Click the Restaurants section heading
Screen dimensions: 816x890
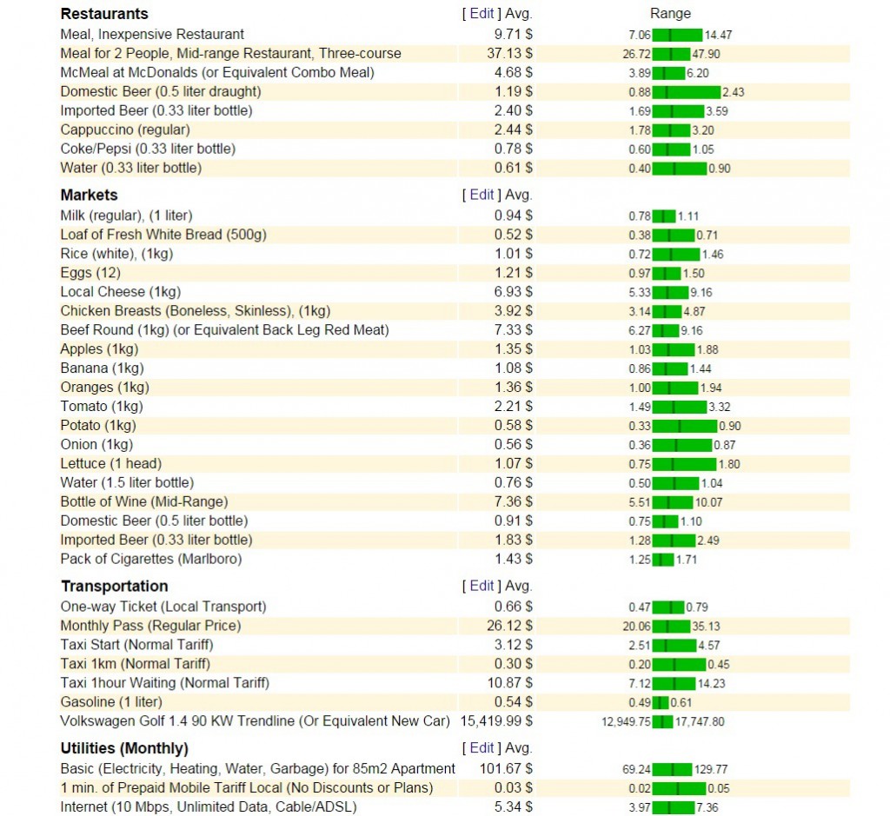pos(104,14)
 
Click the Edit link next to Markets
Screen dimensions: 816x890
pos(482,195)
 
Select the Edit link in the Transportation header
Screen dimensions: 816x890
pos(482,586)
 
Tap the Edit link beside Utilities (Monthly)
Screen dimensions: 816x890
pos(482,748)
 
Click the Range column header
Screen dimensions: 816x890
pos(670,14)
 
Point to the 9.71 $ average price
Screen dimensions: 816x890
pos(513,35)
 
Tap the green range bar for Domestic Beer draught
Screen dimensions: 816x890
pos(686,92)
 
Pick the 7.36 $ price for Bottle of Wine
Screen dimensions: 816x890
pos(513,502)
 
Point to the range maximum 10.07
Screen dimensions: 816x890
pos(708,502)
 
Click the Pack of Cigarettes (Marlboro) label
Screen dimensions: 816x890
pos(151,559)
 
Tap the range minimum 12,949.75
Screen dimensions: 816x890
pos(626,721)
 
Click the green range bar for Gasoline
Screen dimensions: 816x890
pos(661,702)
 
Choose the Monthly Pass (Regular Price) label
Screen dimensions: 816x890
pos(150,626)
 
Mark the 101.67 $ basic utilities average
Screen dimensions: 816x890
pos(506,769)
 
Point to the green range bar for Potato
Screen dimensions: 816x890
pos(685,426)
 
